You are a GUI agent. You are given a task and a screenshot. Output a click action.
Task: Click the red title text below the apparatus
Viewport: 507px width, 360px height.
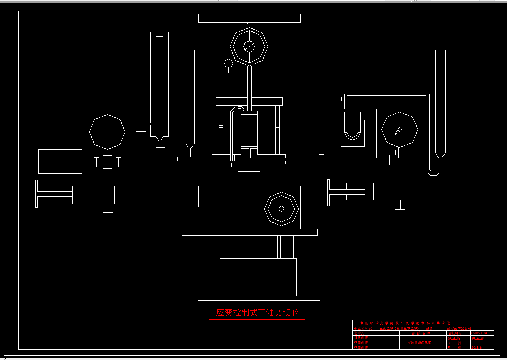tap(257, 313)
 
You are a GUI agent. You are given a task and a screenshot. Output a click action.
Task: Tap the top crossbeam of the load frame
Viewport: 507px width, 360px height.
tap(249, 18)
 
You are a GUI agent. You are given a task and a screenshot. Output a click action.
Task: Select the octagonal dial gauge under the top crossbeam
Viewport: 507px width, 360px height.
tap(249, 46)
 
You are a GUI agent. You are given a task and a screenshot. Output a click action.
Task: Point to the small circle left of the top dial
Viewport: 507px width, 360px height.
tap(229, 63)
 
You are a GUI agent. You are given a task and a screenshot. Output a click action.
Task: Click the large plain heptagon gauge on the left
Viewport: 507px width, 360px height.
tap(107, 131)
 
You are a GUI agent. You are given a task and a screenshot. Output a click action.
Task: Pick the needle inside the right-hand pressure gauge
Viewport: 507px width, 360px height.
tap(398, 131)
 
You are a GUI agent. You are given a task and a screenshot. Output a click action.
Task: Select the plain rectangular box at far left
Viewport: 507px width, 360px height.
tap(60, 161)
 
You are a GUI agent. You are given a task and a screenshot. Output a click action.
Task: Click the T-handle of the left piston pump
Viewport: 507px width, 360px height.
tap(37, 194)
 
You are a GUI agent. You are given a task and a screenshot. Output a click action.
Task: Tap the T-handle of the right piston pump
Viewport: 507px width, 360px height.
tap(328, 193)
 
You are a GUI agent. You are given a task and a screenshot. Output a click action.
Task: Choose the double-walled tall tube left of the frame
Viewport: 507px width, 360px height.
tap(159, 85)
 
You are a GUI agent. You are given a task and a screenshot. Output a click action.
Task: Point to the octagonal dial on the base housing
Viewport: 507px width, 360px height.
tap(281, 208)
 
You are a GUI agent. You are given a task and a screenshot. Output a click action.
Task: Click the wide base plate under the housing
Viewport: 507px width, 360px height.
tap(250, 232)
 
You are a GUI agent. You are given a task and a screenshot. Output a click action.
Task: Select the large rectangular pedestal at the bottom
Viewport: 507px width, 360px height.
tap(258, 277)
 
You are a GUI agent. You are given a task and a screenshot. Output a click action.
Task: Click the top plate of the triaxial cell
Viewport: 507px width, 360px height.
tap(249, 101)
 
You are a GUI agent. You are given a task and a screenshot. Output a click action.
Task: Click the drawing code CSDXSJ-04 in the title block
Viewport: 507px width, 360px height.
tap(482, 333)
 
